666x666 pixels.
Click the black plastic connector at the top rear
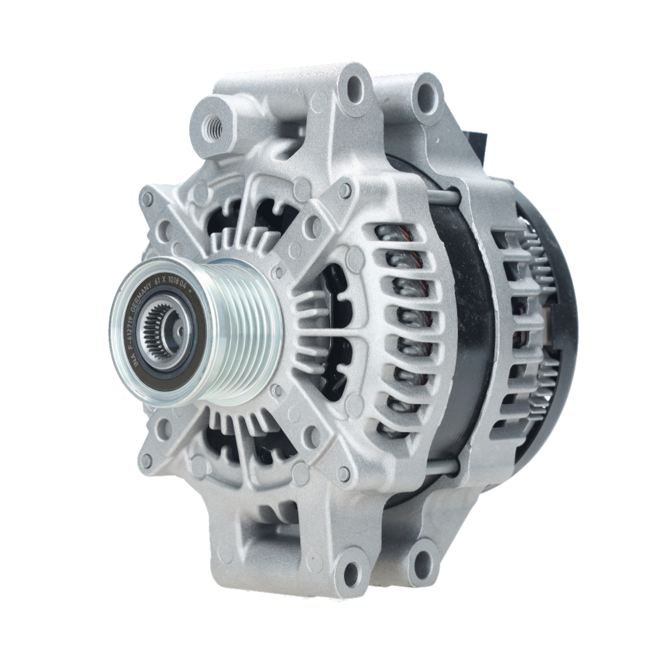point(479,141)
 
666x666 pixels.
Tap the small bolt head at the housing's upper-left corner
point(147,198)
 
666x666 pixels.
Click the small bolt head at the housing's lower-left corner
point(147,460)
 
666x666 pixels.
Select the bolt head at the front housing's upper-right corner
point(345,190)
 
